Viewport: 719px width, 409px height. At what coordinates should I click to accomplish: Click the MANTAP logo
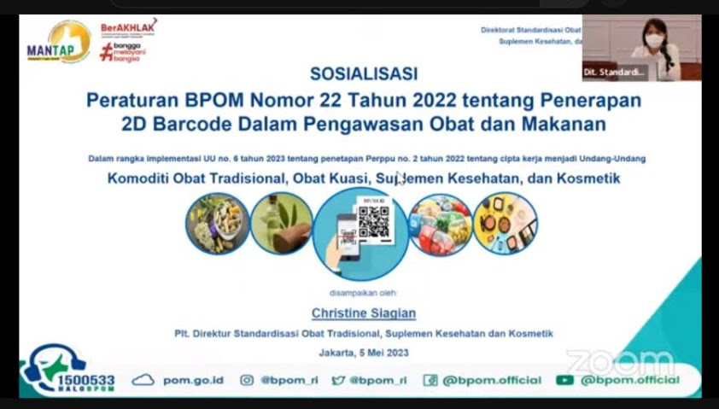click(58, 42)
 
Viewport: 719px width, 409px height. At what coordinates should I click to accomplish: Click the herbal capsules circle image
click(218, 224)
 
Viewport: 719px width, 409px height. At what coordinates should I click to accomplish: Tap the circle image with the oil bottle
click(281, 224)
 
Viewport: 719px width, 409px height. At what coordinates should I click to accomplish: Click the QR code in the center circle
click(373, 224)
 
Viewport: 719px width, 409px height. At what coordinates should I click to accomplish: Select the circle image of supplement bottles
click(441, 224)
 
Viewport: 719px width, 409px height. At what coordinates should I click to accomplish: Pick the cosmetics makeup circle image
click(506, 224)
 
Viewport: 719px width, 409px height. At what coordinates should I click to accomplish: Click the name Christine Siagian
click(364, 313)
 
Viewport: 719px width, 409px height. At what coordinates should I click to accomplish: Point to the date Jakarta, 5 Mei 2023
click(364, 353)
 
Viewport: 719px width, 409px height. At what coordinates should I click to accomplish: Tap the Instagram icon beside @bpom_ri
click(247, 380)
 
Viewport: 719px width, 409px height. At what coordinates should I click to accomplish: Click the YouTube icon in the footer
click(564, 380)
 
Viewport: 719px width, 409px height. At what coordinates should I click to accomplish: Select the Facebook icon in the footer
click(430, 380)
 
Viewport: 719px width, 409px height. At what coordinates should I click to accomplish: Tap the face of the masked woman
click(654, 35)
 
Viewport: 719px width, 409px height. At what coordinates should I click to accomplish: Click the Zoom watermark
click(621, 361)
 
